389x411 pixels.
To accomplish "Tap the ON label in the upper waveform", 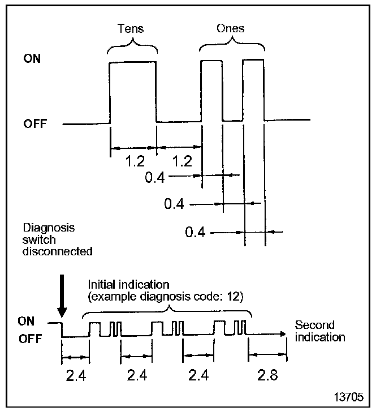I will point(32,58).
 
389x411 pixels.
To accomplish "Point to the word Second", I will point(314,326).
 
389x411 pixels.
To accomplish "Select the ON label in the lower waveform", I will point(27,322).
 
